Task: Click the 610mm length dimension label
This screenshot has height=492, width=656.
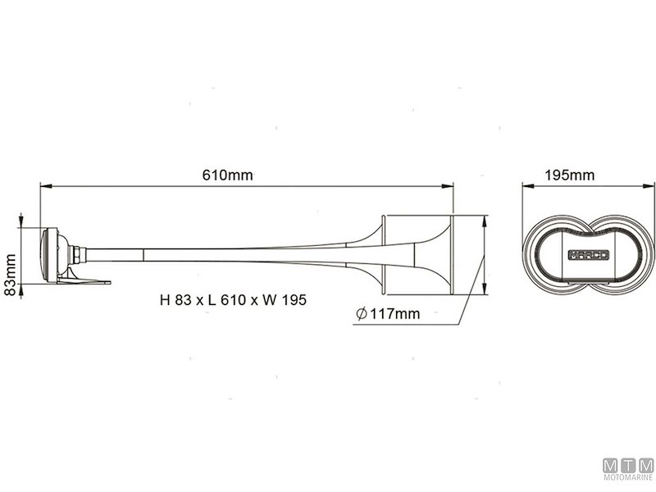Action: pyautogui.click(x=227, y=175)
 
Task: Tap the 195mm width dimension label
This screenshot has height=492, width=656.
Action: pyautogui.click(x=569, y=175)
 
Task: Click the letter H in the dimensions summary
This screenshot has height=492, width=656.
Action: pyautogui.click(x=165, y=300)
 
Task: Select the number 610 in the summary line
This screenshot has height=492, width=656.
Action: pyautogui.click(x=222, y=300)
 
